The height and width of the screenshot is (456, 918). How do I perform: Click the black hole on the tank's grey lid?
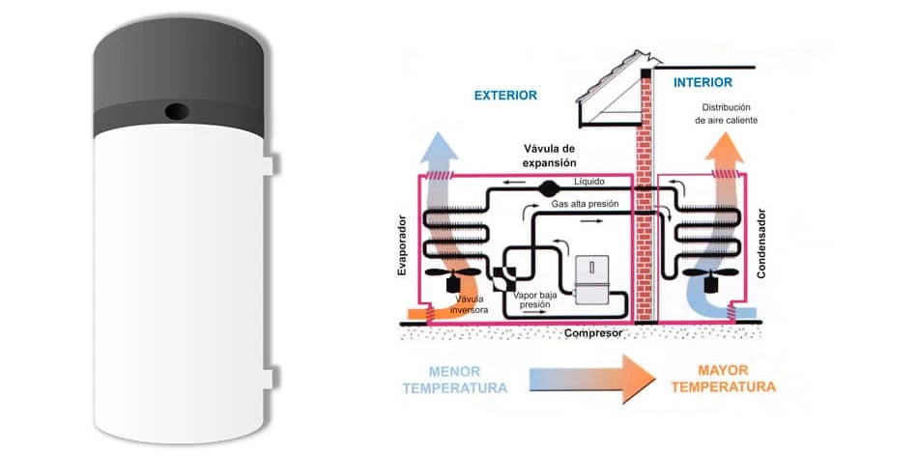pos(177,111)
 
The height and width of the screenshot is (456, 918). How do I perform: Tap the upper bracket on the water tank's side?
pos(268,164)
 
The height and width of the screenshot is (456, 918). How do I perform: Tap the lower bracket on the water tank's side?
pos(268,378)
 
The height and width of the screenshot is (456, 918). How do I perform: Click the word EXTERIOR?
pos(505,96)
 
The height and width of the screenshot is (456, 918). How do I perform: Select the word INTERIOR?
pos(703,82)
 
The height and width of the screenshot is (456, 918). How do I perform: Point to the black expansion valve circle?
pos(549,188)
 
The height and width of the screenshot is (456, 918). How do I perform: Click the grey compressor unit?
pos(591,280)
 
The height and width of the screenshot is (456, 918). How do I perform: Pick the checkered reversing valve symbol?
pos(504,278)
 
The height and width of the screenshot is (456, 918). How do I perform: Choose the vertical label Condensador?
pos(761,242)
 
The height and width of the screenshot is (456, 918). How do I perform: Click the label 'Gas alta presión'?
pos(586,205)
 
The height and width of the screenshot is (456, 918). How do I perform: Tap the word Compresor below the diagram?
pos(593,333)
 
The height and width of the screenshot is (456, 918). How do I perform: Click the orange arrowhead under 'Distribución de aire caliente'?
pos(724,149)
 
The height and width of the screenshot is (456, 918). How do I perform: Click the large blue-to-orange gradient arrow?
pos(592,379)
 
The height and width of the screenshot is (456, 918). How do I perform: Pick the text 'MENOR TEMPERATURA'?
pos(454,380)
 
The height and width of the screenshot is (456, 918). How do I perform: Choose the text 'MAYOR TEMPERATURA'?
pos(723,379)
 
